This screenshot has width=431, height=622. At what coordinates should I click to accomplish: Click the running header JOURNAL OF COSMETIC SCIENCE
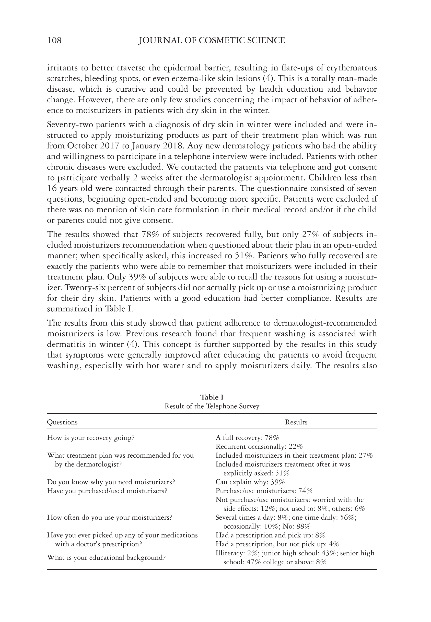point(212,41)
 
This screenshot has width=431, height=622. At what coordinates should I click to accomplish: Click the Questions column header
point(62,422)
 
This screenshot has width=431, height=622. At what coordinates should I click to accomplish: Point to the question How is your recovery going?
point(91,437)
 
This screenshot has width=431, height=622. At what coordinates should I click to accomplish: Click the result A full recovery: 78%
point(247,437)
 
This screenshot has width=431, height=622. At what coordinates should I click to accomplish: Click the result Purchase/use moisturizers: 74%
point(264,491)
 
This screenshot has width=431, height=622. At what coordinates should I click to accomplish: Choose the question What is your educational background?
point(106,557)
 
